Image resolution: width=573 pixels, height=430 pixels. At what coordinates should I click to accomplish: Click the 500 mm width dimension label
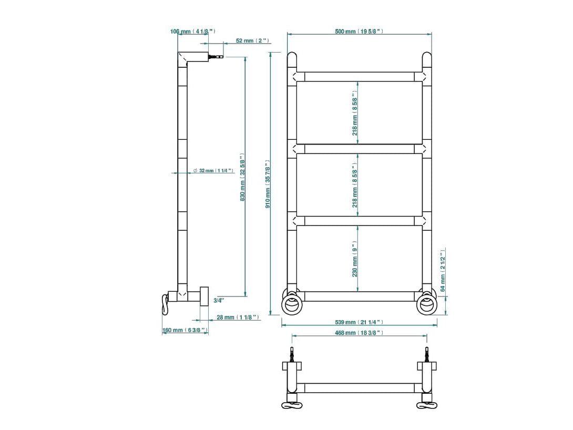tap(359, 32)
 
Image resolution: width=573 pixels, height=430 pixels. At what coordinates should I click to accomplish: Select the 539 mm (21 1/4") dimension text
tap(359, 322)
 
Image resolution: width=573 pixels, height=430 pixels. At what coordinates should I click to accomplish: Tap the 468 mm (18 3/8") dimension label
tap(359, 333)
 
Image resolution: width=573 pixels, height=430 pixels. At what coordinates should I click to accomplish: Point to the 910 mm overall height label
tap(268, 184)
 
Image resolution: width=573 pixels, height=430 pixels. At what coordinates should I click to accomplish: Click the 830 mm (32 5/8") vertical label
tap(242, 177)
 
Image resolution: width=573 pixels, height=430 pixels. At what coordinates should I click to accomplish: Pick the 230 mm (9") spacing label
tap(355, 259)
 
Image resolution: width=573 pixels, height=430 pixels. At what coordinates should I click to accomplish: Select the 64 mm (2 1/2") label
tap(443, 270)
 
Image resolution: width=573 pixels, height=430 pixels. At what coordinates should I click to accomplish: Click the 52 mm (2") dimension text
tap(252, 41)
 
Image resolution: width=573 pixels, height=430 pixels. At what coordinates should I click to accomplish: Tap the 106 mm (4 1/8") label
tap(192, 32)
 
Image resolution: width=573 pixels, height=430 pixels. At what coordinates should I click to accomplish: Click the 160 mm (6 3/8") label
tap(185, 330)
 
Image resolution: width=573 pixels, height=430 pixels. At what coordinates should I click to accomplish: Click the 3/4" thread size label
tap(219, 301)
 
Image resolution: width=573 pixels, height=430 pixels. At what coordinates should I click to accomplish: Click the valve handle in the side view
tap(165, 304)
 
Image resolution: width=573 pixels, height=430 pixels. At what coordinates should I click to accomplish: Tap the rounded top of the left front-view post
tap(292, 57)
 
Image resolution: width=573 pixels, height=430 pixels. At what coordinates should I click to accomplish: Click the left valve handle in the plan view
tap(292, 405)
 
